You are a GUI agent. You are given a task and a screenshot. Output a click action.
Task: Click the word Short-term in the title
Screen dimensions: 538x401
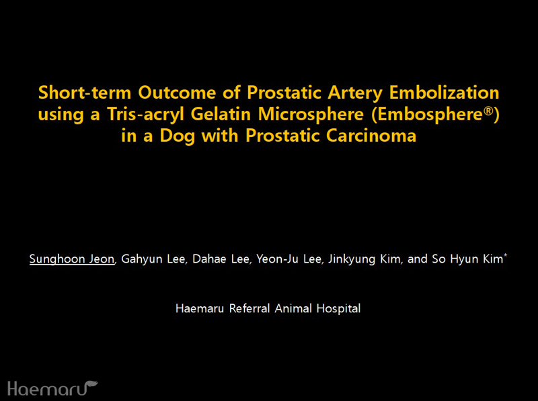[x=85, y=93]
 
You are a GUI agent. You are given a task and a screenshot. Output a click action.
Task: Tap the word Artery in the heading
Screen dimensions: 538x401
[x=355, y=93]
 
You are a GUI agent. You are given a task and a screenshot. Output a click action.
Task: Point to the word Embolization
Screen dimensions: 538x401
[x=444, y=93]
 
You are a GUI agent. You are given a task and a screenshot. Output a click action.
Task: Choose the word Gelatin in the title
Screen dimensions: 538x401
[x=221, y=114]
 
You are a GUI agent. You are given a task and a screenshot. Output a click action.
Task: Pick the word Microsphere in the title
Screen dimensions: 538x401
[x=311, y=115]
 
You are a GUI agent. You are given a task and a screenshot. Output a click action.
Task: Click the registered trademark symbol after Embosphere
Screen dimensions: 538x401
[x=488, y=111]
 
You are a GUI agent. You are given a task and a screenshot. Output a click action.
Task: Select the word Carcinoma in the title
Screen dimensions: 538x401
[x=371, y=136]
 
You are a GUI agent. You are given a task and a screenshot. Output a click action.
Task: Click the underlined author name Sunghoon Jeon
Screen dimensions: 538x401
[x=72, y=259]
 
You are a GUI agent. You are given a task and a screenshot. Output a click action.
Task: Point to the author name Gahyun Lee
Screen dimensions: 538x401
[x=154, y=259]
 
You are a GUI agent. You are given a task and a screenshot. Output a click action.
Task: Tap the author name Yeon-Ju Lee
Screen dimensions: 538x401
[x=290, y=259]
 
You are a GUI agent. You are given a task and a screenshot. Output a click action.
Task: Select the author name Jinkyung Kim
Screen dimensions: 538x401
[x=364, y=259]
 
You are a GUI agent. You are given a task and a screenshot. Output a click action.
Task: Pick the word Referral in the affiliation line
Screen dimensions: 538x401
[x=249, y=308]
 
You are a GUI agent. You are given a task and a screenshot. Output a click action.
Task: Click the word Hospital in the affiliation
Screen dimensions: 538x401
[x=338, y=309]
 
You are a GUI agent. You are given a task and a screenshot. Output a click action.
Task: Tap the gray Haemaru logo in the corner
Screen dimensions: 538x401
[x=52, y=388]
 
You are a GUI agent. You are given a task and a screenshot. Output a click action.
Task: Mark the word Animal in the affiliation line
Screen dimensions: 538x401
[x=293, y=308]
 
